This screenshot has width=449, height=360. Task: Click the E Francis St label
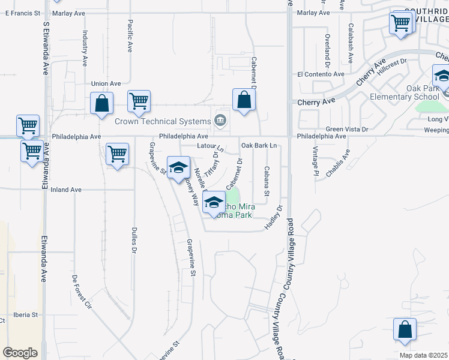[x=20, y=12]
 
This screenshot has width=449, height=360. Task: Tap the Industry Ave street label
[x=85, y=48]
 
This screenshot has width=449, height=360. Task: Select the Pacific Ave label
[x=130, y=35]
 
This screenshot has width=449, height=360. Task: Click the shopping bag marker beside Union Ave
[x=101, y=103]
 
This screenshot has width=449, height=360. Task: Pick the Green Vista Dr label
[x=347, y=129]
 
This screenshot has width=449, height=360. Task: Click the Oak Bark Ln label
[x=259, y=145]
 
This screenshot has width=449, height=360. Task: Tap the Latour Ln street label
[x=209, y=146]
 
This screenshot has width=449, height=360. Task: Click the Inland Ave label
[x=66, y=190]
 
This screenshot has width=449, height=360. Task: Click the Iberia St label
[x=26, y=314]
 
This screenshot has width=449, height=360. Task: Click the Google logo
[x=20, y=353]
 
